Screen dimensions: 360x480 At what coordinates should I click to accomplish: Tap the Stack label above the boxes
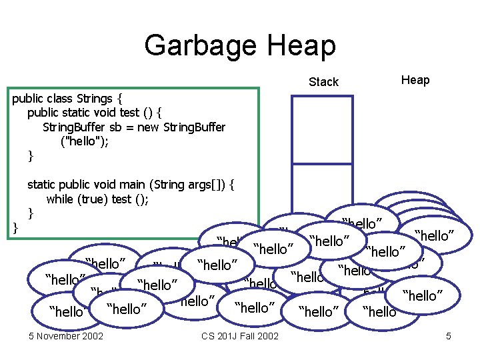[x=323, y=82]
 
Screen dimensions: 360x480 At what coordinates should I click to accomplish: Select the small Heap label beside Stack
[x=415, y=80]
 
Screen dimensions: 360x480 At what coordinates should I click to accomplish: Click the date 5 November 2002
[x=66, y=335]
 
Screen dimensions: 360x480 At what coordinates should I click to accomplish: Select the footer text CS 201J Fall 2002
[x=239, y=335]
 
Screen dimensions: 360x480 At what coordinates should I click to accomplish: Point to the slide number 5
[x=449, y=335]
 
